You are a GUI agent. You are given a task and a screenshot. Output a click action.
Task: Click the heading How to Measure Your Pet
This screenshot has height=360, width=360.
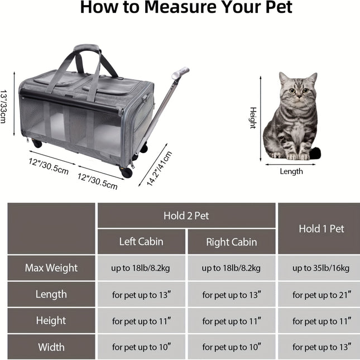[186, 8]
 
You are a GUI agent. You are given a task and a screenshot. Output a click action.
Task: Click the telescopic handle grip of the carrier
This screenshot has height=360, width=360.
[182, 73]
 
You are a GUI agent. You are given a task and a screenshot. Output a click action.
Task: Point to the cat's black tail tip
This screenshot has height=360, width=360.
[315, 152]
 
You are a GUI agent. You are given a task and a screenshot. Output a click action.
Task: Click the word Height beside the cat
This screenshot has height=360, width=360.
[253, 118]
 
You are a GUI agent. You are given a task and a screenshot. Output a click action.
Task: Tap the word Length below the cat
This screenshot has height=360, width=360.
[291, 171]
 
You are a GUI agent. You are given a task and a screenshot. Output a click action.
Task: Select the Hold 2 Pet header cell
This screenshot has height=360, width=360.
[186, 215]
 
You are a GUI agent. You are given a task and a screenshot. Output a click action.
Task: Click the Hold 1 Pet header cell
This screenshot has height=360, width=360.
[321, 228]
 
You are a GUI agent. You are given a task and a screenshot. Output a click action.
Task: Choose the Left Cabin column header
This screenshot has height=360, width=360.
[141, 242]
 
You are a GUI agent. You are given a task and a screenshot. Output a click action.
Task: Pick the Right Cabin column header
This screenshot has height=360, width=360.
[232, 242]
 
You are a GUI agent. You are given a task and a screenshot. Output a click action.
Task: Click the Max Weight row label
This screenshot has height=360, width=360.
[51, 268]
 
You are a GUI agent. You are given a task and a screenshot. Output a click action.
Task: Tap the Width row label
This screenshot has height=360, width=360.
[51, 347]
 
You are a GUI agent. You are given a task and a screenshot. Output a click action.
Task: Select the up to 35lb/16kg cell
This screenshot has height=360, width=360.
[321, 268]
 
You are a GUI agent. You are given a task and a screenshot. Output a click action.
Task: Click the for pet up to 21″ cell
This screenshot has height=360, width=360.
[321, 295]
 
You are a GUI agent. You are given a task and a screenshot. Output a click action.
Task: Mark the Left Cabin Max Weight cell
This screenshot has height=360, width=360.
[141, 268]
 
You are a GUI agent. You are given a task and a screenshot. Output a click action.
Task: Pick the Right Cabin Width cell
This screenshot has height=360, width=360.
[232, 347]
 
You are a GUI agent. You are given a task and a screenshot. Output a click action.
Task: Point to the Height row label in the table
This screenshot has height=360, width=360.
[51, 321]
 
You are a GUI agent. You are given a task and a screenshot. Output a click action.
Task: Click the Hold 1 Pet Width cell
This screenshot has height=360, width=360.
[321, 347]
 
